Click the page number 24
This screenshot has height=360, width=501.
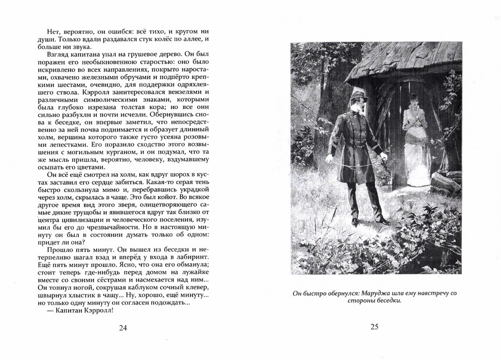(123, 328)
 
